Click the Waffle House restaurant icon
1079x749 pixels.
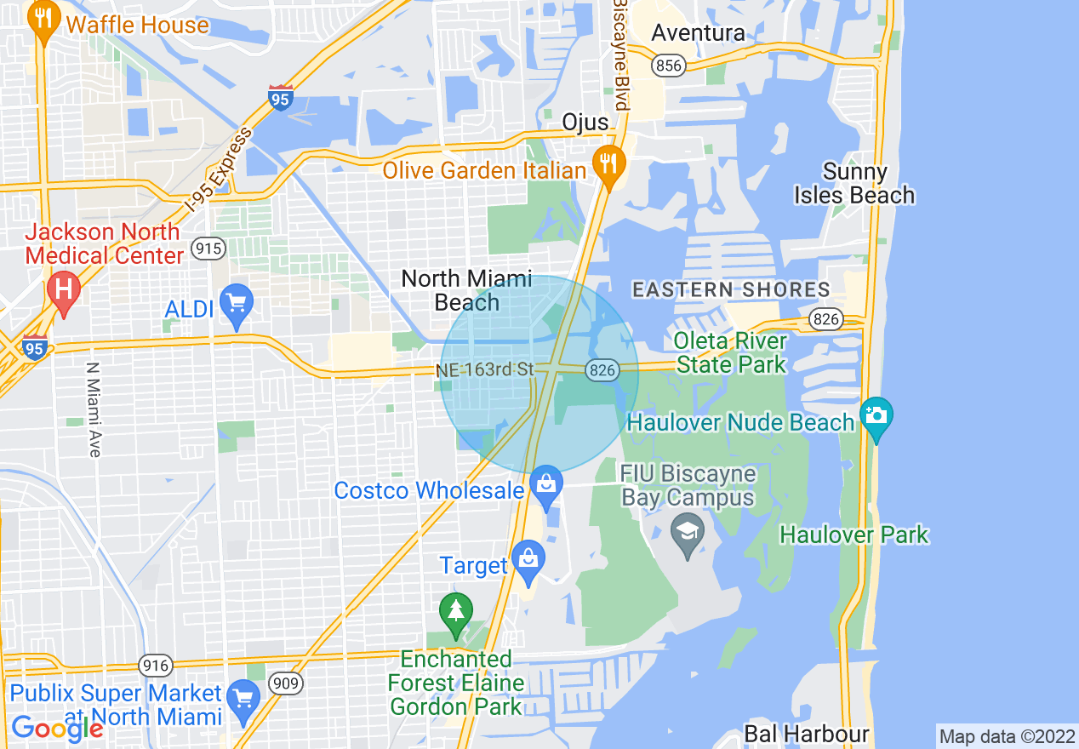43,21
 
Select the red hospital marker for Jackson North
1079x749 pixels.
63,290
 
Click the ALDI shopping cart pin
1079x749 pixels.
237,304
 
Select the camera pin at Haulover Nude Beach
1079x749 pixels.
876,417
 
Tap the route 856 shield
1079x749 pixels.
670,66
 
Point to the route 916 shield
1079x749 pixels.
156,666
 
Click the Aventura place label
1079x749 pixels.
698,33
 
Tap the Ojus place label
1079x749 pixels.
585,123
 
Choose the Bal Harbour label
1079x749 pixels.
806,734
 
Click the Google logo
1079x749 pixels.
56,728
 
